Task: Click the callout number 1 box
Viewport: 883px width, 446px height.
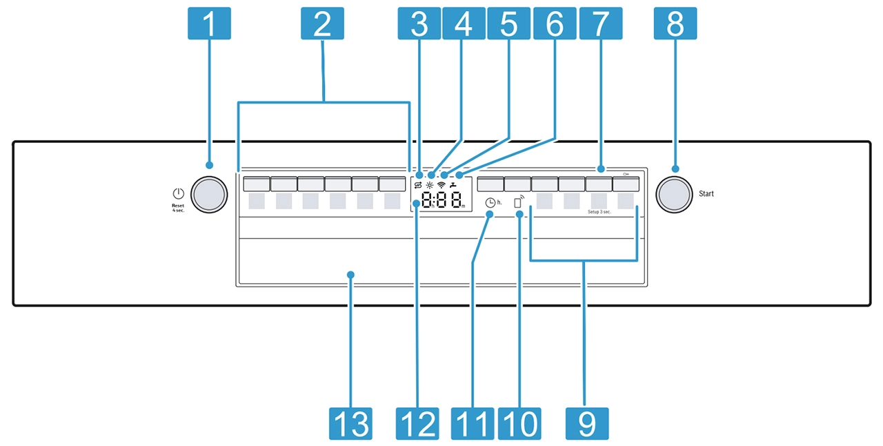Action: coord(209,23)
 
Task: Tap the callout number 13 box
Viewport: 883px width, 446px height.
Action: coord(350,423)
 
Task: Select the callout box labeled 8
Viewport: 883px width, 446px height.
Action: coord(675,23)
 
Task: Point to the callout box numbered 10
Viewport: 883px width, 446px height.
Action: coord(519,423)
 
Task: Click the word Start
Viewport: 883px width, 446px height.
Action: coord(706,194)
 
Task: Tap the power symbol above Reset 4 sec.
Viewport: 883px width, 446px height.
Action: coord(178,194)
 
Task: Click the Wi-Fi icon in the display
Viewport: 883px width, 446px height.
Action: coord(442,185)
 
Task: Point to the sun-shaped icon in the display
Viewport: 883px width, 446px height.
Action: coord(430,185)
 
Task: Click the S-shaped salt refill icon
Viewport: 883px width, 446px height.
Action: coord(417,185)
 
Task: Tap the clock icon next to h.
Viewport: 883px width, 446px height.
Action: coord(490,203)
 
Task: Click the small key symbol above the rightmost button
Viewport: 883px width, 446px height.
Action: coord(625,175)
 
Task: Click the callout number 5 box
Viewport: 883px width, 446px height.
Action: coord(508,23)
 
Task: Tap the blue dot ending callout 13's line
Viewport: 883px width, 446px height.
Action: coord(350,275)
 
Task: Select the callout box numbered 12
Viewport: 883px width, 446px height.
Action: coord(417,423)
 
